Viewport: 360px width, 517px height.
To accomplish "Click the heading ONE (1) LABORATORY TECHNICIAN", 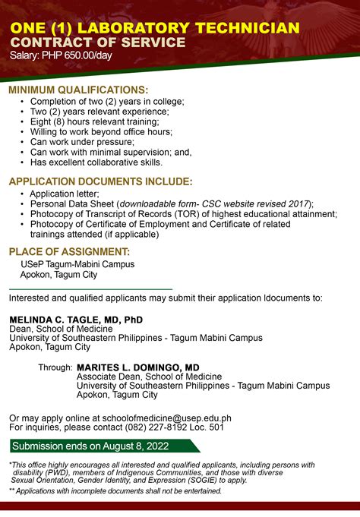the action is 154,28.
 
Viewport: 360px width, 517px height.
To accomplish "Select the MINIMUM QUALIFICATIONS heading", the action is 78,90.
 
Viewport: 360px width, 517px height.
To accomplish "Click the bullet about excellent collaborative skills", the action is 96,162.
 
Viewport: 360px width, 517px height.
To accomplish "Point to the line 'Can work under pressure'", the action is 82,142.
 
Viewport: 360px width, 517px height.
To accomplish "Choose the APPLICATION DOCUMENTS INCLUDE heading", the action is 100,181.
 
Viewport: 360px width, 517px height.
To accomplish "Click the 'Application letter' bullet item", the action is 65,194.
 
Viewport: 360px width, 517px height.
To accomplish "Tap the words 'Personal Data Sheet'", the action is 72,204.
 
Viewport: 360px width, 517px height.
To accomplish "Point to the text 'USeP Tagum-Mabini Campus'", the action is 77,264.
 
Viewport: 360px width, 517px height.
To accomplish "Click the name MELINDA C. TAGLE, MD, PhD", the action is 76,320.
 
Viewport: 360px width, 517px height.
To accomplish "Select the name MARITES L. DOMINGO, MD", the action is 138,367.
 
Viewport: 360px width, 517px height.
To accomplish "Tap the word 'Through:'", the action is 55,367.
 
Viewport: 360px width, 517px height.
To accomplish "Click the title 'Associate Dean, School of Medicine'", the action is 150,377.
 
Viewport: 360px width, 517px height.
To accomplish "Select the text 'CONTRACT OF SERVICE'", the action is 98,43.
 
